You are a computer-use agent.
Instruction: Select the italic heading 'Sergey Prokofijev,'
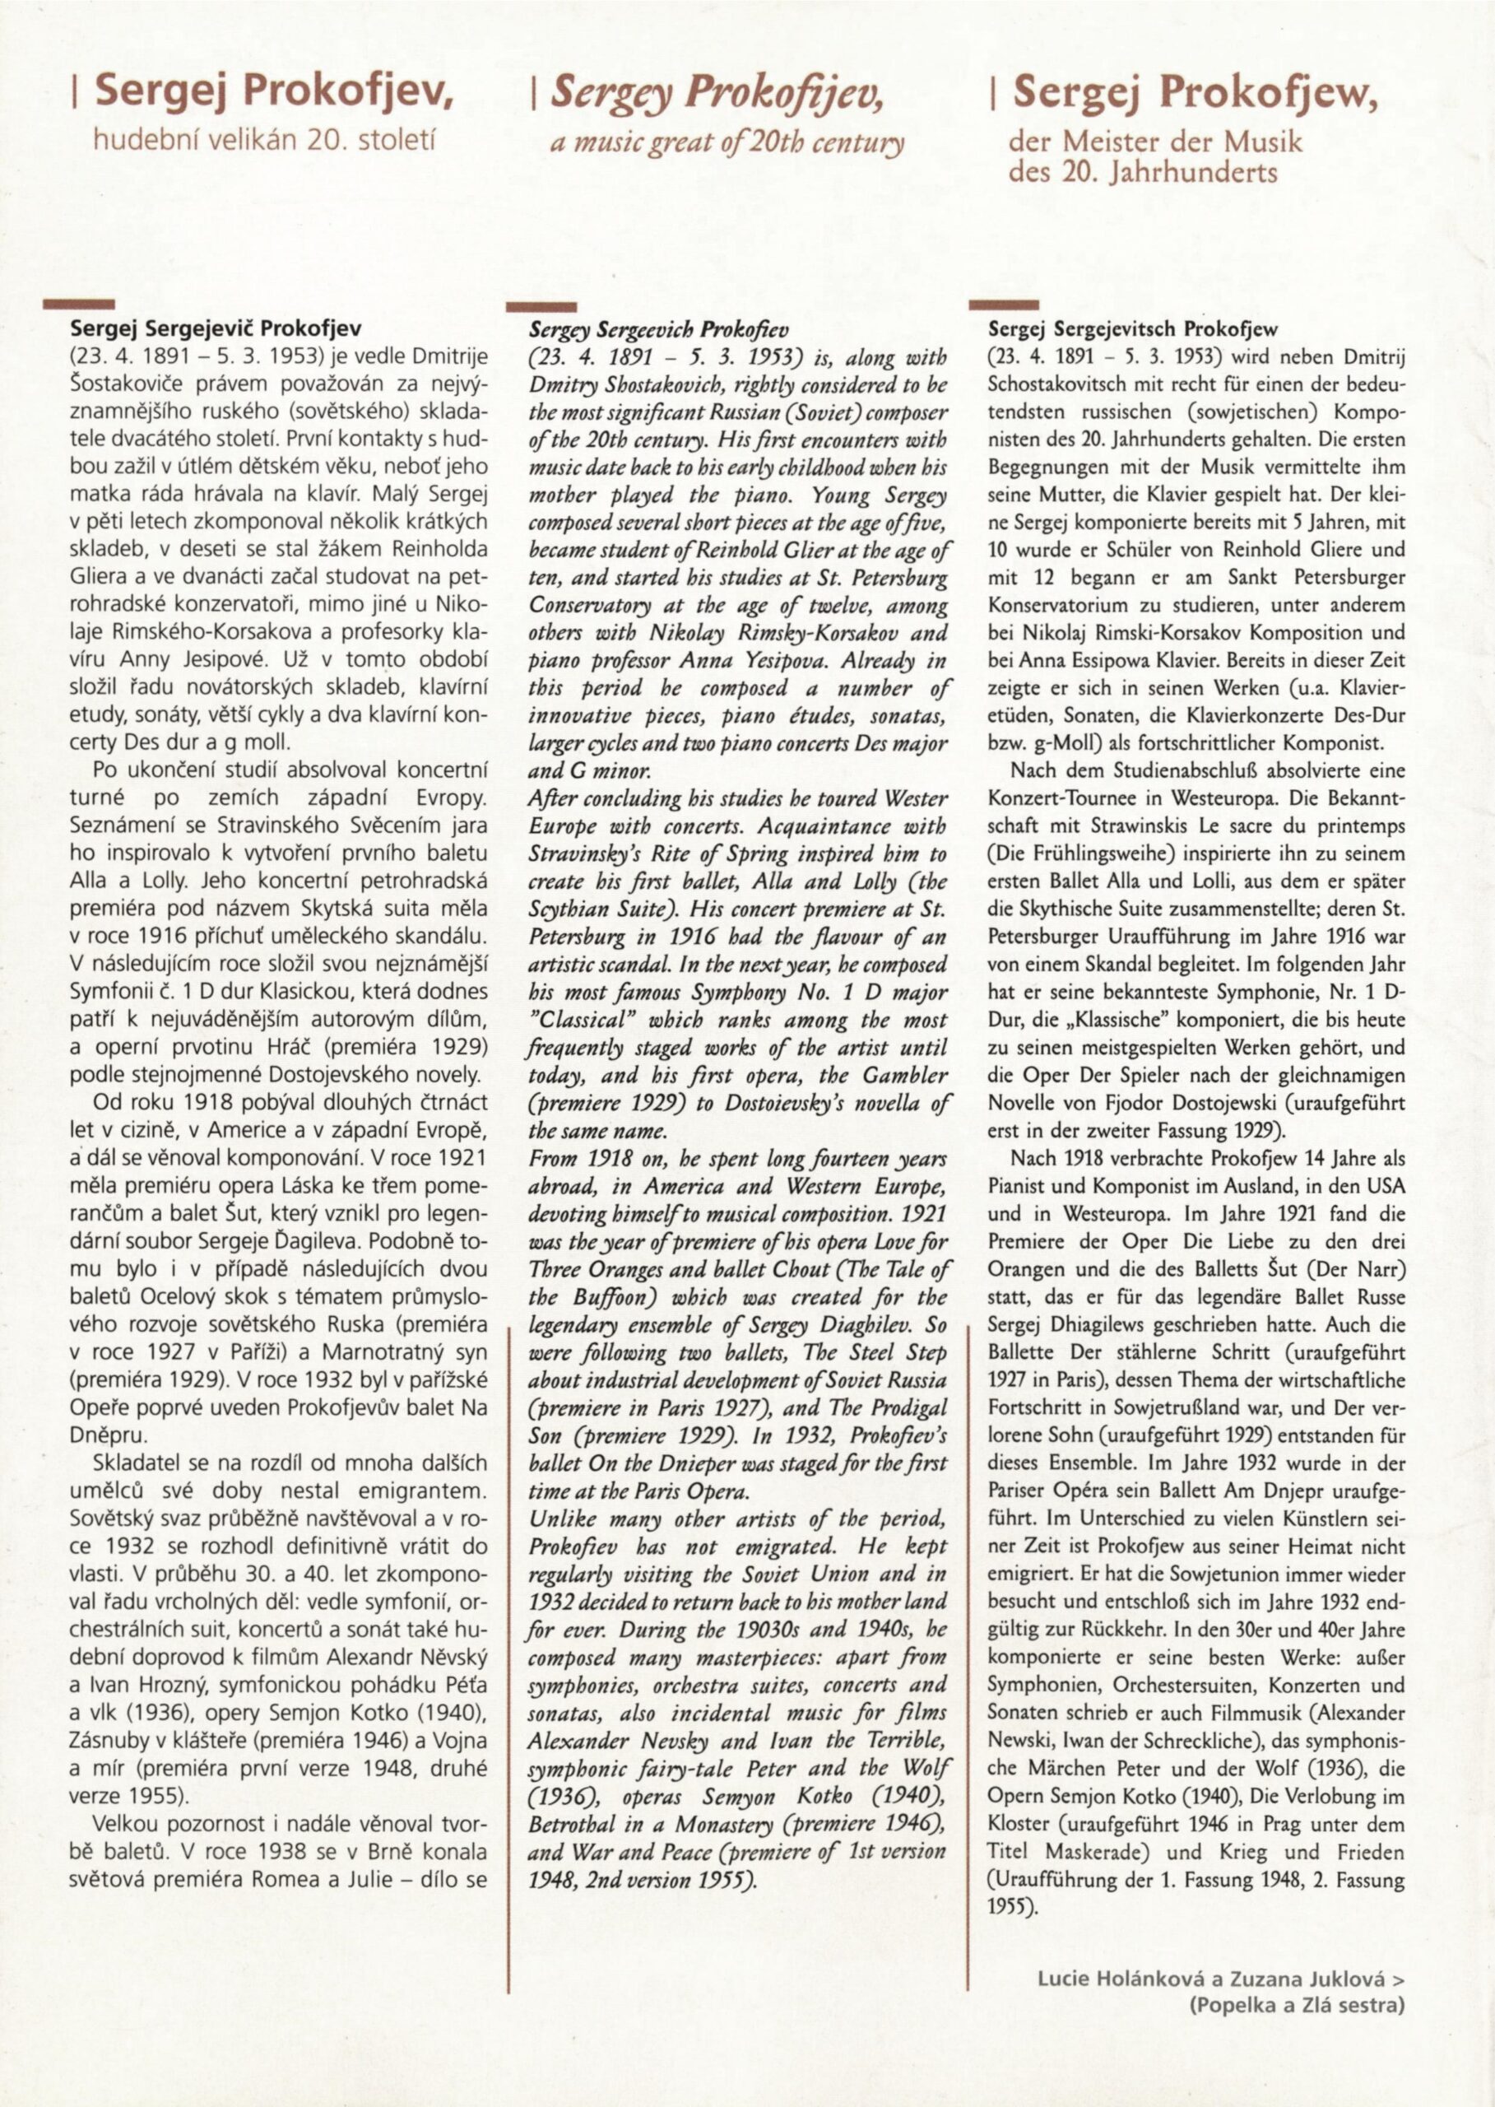coord(714,95)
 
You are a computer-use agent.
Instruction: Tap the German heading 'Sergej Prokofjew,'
coord(1194,93)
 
